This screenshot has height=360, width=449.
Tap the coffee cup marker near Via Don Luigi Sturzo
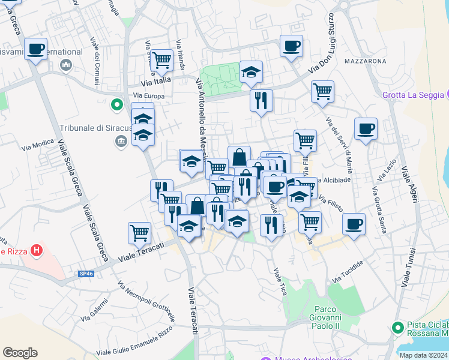[x=291, y=46]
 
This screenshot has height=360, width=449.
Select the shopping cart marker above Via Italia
[x=161, y=60]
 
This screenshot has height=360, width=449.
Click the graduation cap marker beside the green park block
[x=251, y=73]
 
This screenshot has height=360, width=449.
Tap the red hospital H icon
[x=37, y=251]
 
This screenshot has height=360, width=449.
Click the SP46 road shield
[x=86, y=274]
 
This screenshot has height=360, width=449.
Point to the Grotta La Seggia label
[x=413, y=95]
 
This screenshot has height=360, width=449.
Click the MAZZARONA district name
[x=365, y=61]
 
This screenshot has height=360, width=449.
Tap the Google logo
[x=20, y=352]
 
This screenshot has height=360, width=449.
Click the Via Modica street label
[x=38, y=145]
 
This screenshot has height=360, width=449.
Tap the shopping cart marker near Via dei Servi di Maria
[x=322, y=91]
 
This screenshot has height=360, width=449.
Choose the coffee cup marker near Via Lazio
[x=366, y=128]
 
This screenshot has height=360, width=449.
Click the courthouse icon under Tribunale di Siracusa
[x=121, y=142]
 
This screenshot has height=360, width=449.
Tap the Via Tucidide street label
[x=348, y=273]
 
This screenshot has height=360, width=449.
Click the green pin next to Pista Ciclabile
[x=396, y=328]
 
